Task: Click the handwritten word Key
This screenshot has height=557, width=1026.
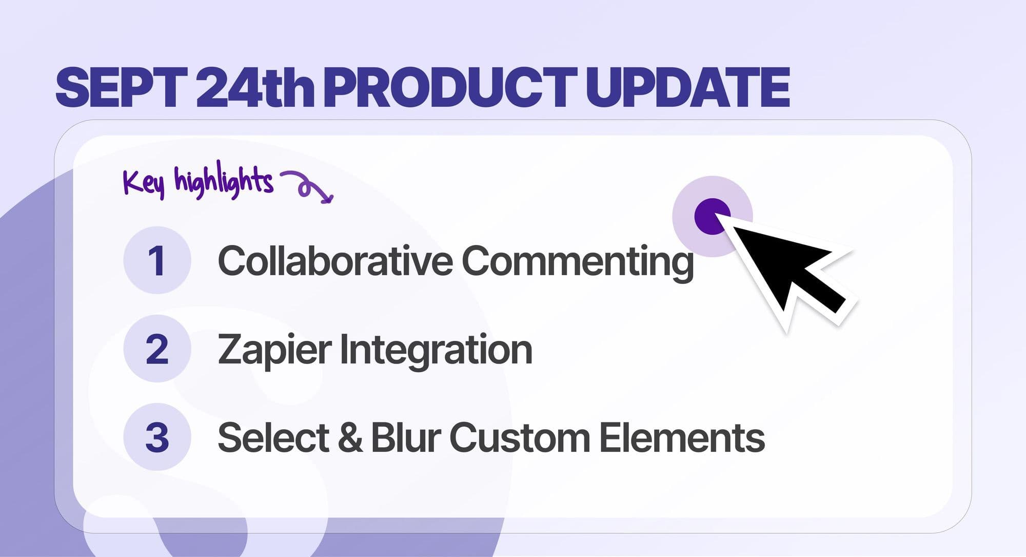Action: click(x=144, y=182)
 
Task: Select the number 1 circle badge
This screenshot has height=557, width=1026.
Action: click(x=157, y=260)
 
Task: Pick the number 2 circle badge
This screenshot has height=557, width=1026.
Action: click(x=157, y=349)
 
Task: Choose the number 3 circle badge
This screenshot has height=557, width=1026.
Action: click(x=157, y=437)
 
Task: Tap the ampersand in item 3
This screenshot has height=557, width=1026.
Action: click(x=350, y=438)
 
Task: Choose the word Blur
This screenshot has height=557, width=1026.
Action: click(x=406, y=438)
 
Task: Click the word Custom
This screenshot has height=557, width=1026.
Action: click(x=520, y=438)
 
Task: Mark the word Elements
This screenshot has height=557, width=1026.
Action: click(x=682, y=438)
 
